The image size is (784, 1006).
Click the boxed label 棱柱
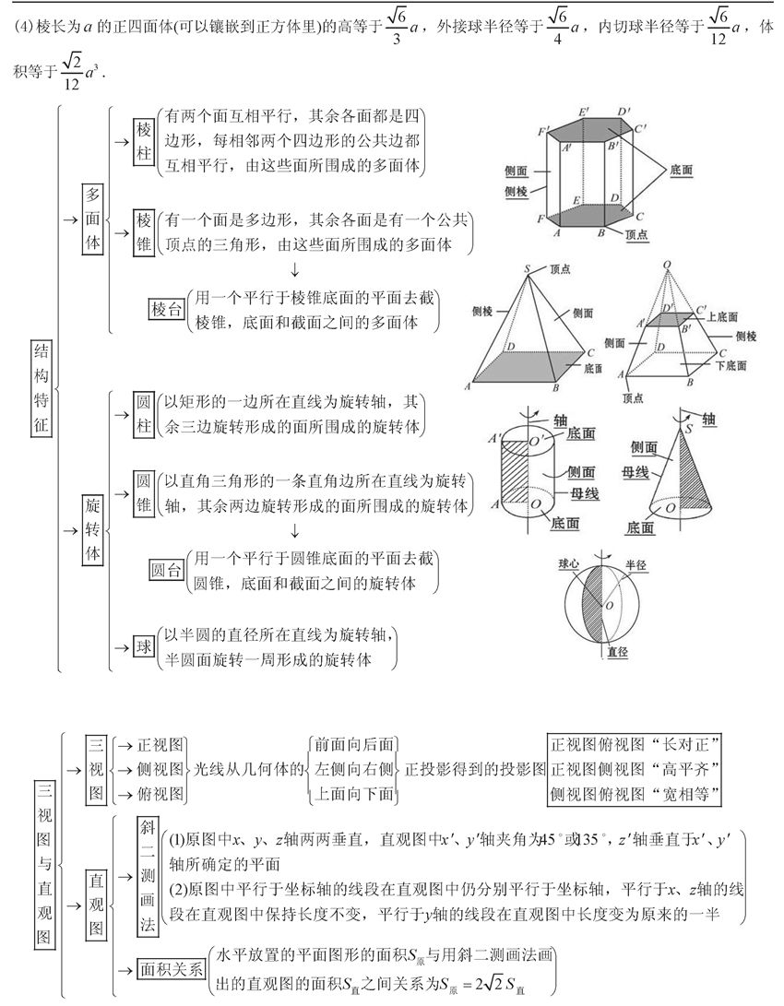(143, 141)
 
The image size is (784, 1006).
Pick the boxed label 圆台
(166, 571)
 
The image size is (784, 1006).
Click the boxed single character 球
(144, 647)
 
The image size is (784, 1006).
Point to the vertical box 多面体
(93, 219)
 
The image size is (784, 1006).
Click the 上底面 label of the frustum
(722, 316)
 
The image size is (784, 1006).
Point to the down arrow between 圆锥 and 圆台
(294, 531)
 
